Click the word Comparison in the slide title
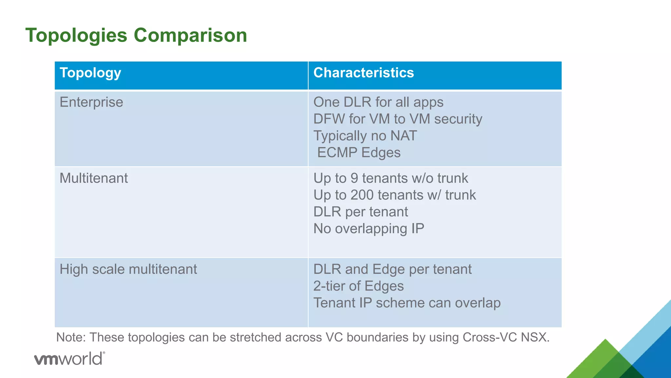point(190,35)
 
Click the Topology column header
point(90,73)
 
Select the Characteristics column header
point(364,73)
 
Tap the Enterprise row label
point(91,102)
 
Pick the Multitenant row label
point(94,178)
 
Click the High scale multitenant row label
point(128,269)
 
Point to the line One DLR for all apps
point(378,102)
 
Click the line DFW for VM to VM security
point(398,119)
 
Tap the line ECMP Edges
point(359,153)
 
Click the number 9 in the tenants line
point(354,178)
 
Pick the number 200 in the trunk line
point(362,195)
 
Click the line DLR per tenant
point(361,212)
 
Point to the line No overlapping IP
point(369,229)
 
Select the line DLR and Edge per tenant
point(393,269)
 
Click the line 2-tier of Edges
point(358,286)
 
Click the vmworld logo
point(69,359)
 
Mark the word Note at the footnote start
point(70,337)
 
